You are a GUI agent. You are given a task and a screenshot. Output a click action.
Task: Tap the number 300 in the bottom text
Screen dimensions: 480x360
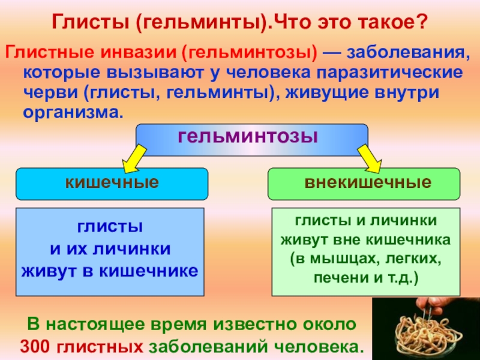[37, 347]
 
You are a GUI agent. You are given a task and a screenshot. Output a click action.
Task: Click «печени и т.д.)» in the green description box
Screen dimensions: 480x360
[366, 278]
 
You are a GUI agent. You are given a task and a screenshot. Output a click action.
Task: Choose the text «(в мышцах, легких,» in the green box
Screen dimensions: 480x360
[366, 259]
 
